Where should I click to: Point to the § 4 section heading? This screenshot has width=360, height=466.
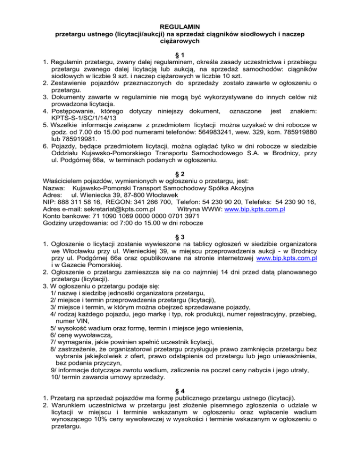coord(180,394)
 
